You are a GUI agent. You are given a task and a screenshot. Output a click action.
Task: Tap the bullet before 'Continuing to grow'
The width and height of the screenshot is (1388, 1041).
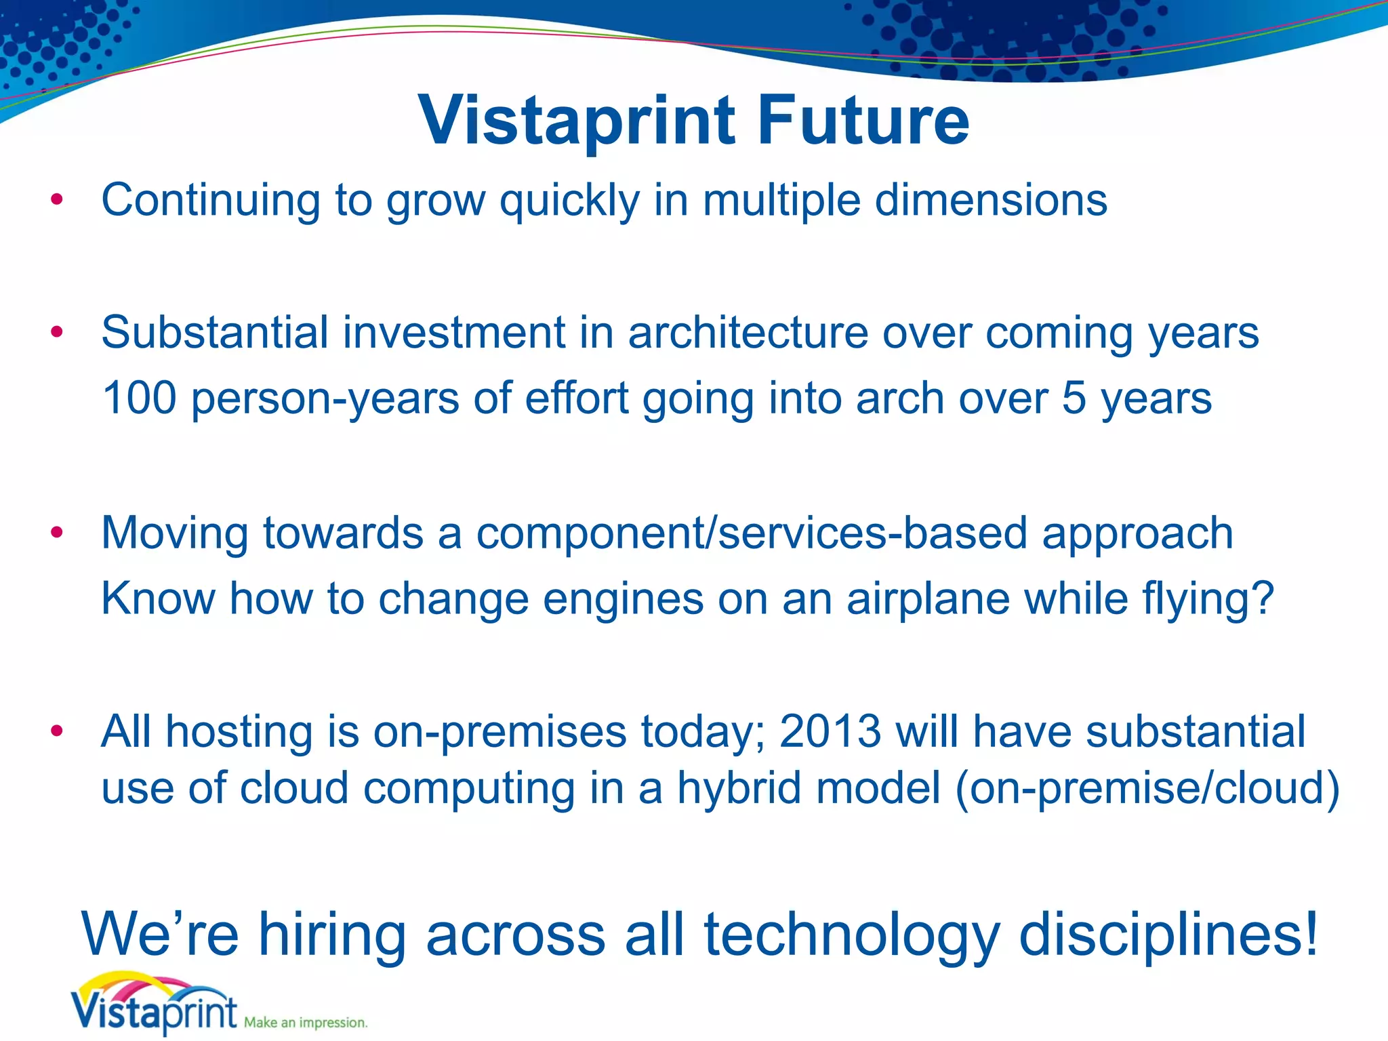(x=57, y=200)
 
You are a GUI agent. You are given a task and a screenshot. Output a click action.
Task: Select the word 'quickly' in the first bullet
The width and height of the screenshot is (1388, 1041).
(x=570, y=201)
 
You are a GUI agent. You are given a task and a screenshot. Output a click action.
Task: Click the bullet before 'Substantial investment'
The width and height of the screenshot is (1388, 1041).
(x=57, y=332)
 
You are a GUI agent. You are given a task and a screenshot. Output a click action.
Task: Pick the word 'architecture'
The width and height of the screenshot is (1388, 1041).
(x=748, y=333)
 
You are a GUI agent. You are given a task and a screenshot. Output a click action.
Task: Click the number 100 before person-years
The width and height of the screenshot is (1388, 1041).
(x=139, y=398)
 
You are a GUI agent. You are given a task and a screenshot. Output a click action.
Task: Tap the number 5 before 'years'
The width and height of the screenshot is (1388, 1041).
(x=1074, y=398)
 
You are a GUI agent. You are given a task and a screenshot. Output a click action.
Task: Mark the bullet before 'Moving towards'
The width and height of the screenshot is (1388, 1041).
(x=57, y=532)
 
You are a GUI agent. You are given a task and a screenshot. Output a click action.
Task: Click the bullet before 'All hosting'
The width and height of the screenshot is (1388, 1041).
(x=57, y=731)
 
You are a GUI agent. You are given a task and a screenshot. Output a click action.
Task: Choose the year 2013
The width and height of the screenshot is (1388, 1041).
(x=830, y=731)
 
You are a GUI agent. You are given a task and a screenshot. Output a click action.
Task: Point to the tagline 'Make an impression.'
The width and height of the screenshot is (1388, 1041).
(x=306, y=1022)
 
